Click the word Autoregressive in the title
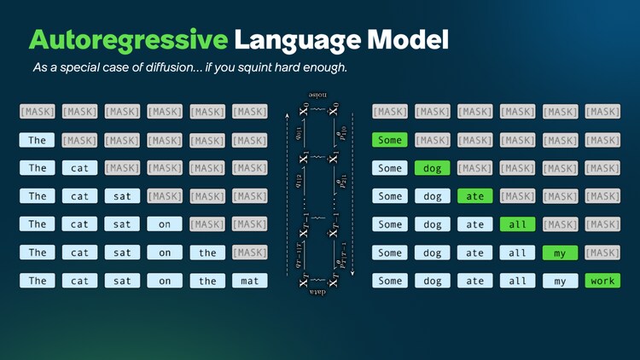[x=128, y=40]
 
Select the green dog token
[x=432, y=168]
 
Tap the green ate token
[x=474, y=196]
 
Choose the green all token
[x=517, y=224]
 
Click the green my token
[x=560, y=253]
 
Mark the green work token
[x=602, y=281]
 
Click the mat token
[x=250, y=281]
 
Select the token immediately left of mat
[x=207, y=281]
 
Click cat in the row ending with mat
[x=79, y=281]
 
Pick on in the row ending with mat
[x=165, y=281]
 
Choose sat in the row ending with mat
[x=122, y=281]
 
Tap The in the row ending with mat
[x=38, y=281]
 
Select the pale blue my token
[x=560, y=281]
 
